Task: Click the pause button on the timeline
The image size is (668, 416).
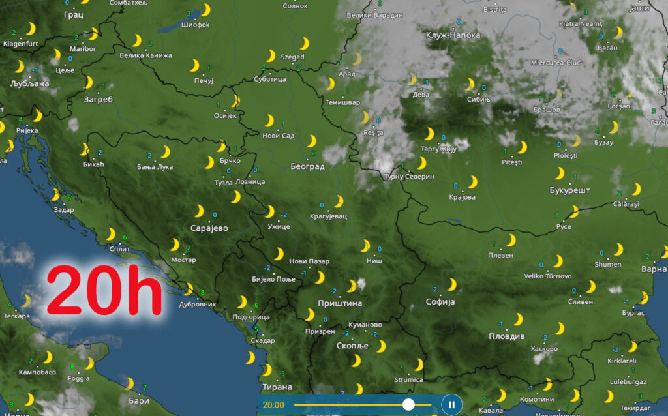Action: [x=451, y=404]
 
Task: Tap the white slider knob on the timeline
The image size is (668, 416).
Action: [x=408, y=404]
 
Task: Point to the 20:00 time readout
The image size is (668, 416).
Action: [x=273, y=405]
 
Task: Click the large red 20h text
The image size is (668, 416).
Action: [x=104, y=291]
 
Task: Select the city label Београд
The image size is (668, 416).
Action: [x=307, y=166]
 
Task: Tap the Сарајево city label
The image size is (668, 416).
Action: [x=209, y=228]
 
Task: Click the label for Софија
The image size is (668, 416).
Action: [x=440, y=302]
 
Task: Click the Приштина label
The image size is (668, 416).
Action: [x=339, y=303]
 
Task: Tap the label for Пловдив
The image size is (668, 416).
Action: [x=507, y=336]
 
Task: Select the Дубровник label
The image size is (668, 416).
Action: [x=196, y=304]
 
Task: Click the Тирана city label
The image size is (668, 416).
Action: [x=277, y=387]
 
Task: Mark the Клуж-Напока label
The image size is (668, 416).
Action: [x=453, y=35]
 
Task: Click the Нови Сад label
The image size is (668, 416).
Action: [x=278, y=136]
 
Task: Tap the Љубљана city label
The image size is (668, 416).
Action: [x=30, y=83]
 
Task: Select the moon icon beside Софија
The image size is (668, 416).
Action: [x=451, y=285]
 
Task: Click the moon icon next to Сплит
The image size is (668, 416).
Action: [x=111, y=234]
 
